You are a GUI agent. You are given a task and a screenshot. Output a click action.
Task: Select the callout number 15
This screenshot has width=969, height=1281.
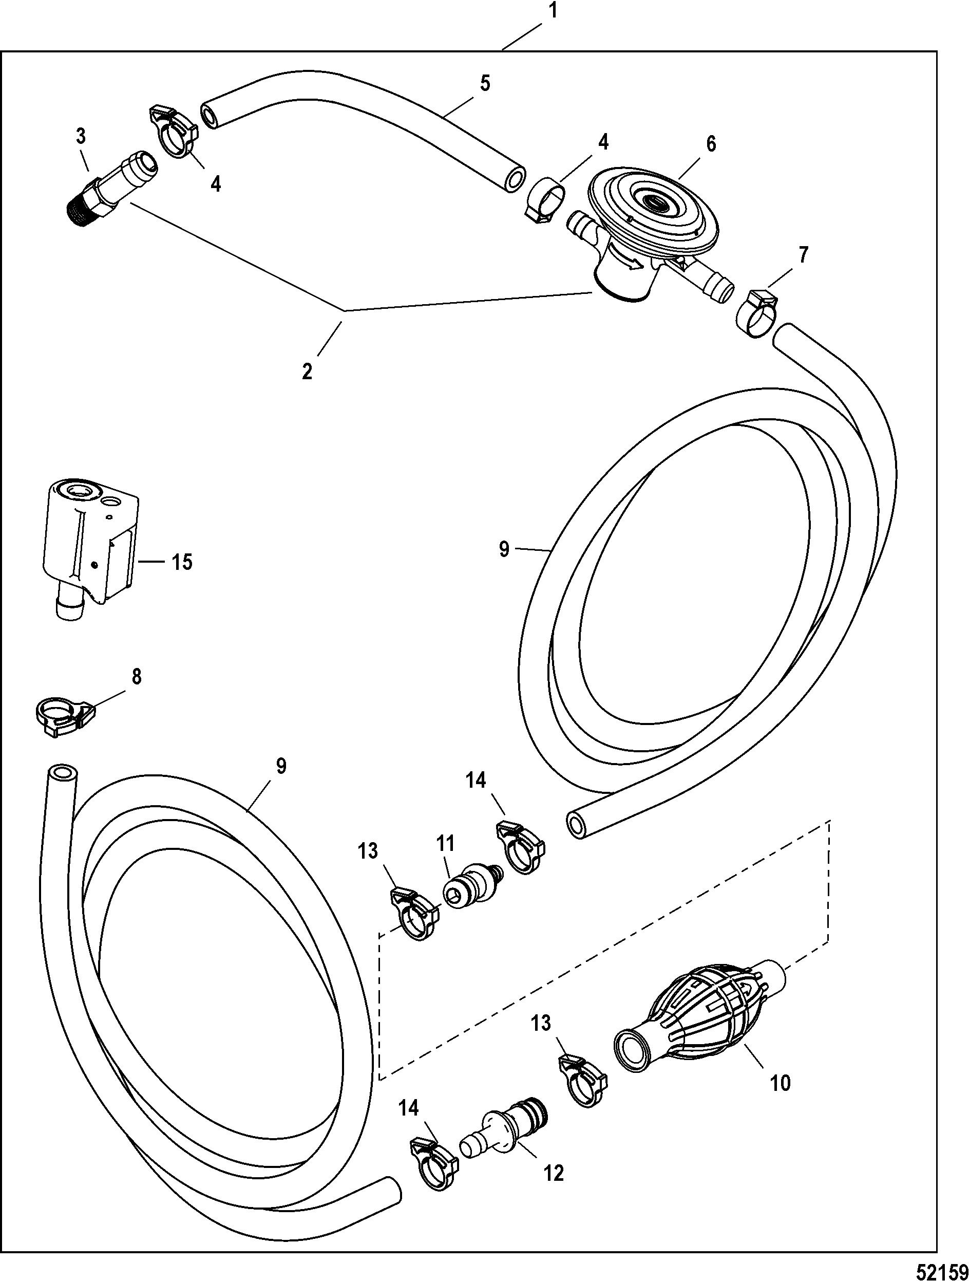click(182, 562)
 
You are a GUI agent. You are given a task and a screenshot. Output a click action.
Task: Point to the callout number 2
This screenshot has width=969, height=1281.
click(307, 370)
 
